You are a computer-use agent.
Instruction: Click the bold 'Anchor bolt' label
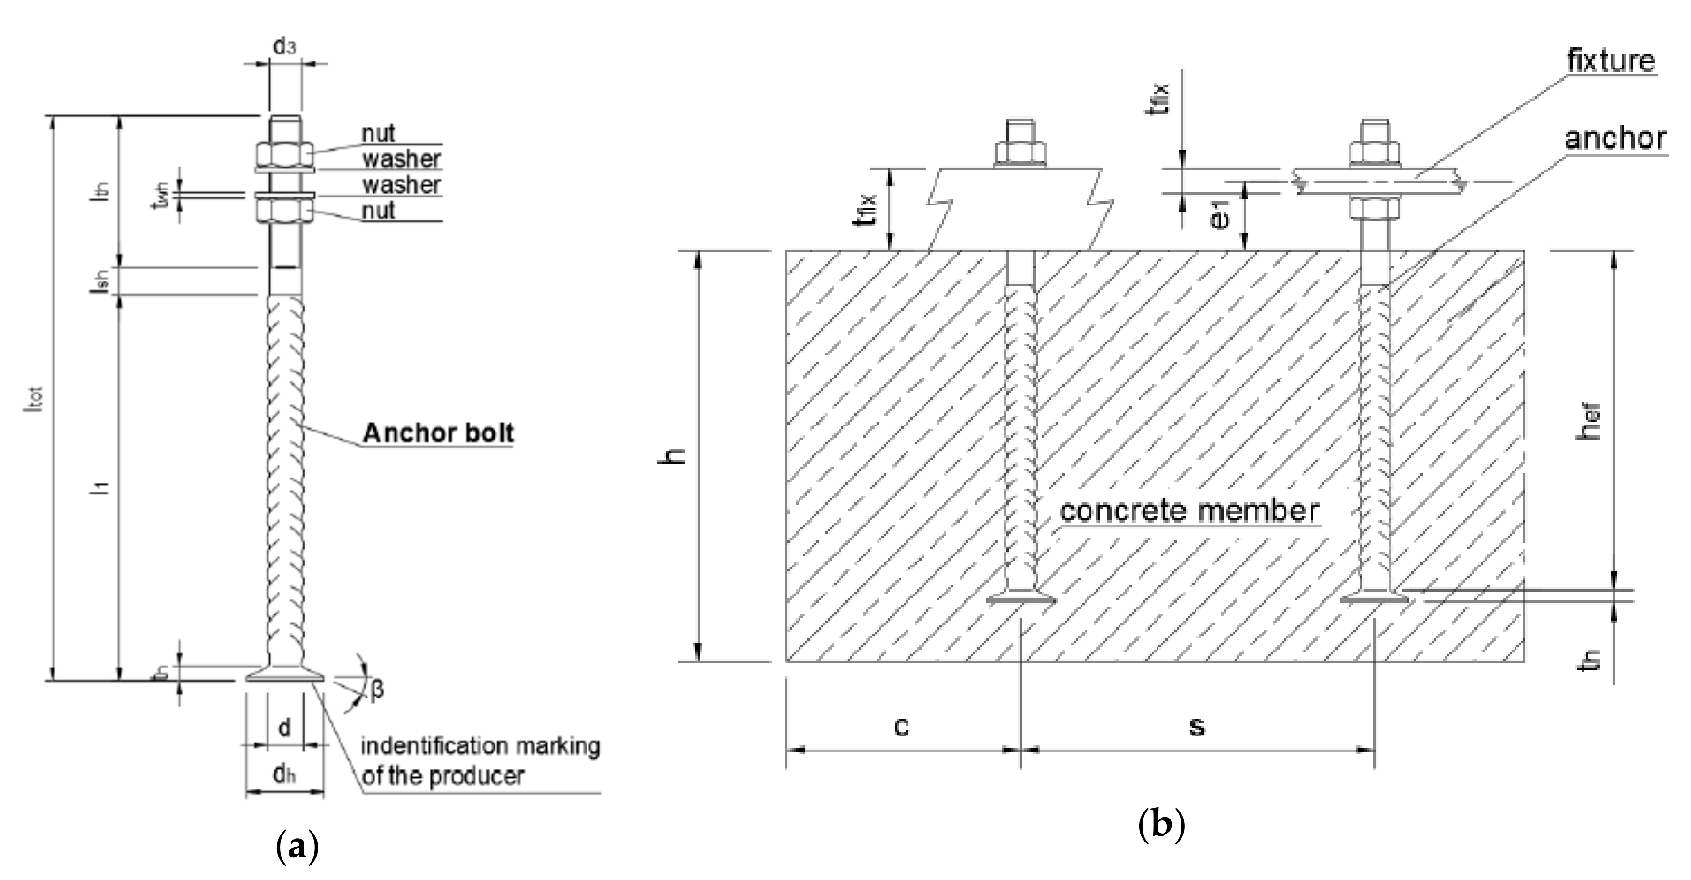438,433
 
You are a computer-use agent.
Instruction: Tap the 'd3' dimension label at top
284,46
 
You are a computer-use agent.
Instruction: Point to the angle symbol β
377,690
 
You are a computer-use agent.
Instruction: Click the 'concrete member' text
1189,511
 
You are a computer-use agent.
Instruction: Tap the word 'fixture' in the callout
1610,61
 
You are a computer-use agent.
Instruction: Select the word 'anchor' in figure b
1614,138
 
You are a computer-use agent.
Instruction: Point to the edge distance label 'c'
901,726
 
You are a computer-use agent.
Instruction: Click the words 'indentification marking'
480,746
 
